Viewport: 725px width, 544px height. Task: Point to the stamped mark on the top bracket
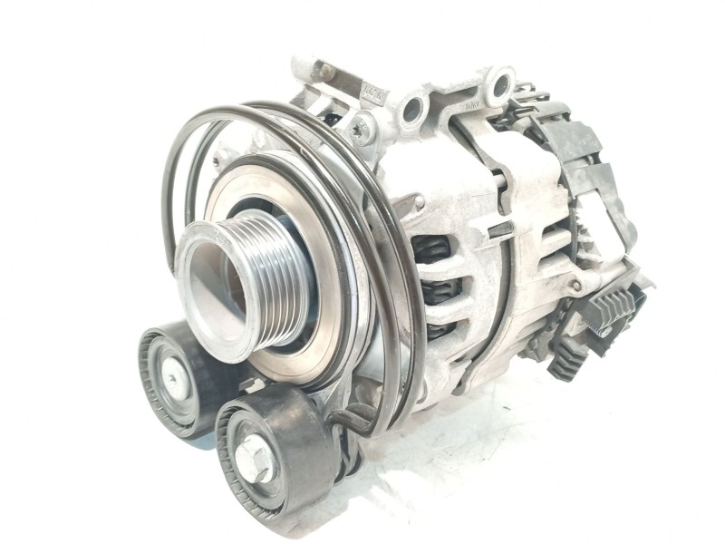click(x=372, y=95)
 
